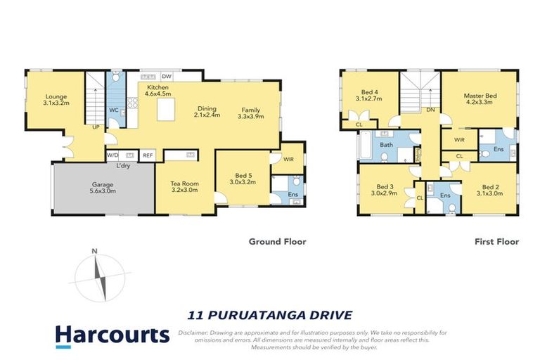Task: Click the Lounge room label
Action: coord(56,96)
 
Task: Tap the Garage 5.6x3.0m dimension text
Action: coord(103,191)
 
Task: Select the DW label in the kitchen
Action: coord(167,77)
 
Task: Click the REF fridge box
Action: coord(148,155)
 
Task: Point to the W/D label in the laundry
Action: coord(112,155)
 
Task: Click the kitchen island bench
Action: coord(166,109)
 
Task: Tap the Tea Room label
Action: coord(185,184)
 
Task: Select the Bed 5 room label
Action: coord(243,176)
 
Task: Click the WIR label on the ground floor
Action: coord(288,159)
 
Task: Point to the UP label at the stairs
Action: coord(96,127)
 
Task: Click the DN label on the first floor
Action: coord(430,110)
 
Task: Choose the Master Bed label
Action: coord(480,96)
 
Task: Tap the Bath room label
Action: coord(386,145)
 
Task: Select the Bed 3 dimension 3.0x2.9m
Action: coord(385,193)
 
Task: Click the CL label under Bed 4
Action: coord(359,124)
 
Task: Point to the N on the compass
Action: coord(94,251)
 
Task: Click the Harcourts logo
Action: coord(112,336)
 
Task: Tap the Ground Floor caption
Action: coord(278,241)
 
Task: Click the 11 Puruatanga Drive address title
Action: coord(270,315)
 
